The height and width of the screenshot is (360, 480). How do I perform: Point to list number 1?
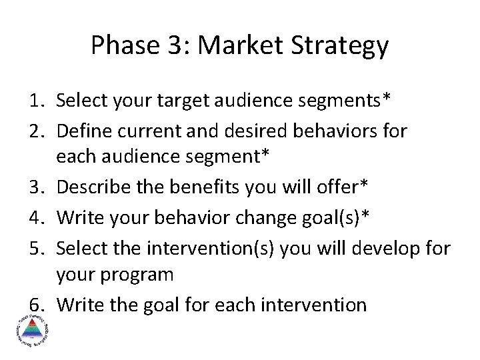tap(37, 101)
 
